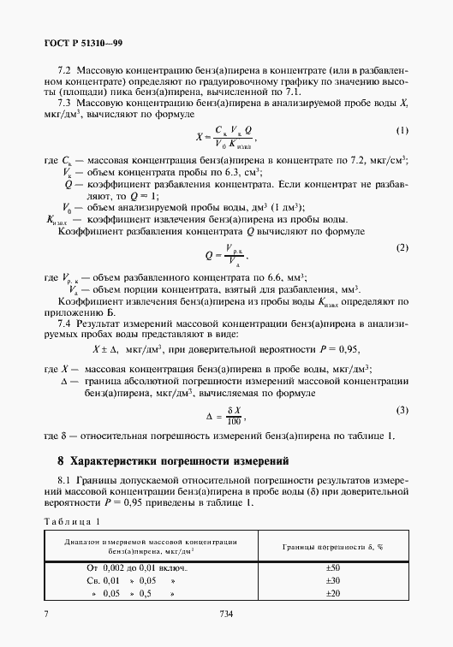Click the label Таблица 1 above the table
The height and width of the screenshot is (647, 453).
coord(74,520)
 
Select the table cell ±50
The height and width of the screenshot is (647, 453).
coord(334,567)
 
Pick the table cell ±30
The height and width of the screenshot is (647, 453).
coord(334,580)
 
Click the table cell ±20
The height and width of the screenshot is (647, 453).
coord(334,593)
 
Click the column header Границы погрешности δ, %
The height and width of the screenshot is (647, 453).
coord(334,544)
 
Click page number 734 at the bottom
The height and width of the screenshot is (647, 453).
coord(227,613)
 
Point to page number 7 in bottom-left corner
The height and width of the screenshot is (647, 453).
coord(45,613)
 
